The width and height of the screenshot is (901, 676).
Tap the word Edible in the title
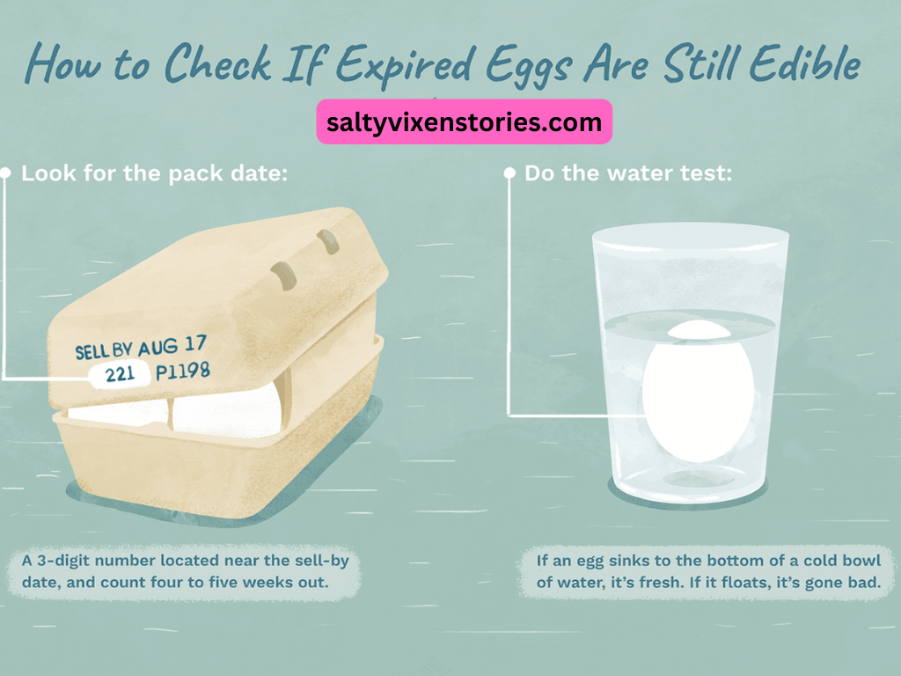805,62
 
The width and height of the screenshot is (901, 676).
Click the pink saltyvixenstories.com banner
465,121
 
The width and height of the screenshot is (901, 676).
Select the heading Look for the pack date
155,173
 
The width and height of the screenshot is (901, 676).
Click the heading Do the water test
628,173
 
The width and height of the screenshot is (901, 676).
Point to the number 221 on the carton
120,375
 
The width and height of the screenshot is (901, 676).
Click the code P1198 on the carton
183,371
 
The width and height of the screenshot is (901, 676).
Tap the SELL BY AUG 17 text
141,347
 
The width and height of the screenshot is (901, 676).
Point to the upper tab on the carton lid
328,241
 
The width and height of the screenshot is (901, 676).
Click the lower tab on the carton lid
284,276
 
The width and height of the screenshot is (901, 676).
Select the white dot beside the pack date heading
6,173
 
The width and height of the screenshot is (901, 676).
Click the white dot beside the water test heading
509,173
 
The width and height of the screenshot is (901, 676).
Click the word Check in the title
218,62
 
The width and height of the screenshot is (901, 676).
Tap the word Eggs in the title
529,66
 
